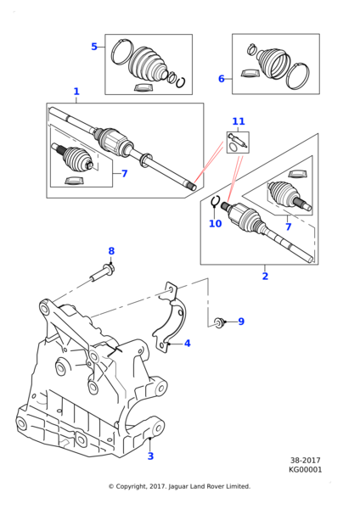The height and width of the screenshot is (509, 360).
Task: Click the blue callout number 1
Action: (x=76, y=92)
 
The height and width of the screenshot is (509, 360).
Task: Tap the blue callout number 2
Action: (x=265, y=277)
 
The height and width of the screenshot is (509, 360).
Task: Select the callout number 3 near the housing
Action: (x=150, y=456)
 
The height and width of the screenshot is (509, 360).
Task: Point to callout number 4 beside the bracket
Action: (x=188, y=343)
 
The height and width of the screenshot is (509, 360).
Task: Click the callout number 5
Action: (x=94, y=47)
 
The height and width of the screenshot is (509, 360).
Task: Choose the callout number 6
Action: (x=222, y=79)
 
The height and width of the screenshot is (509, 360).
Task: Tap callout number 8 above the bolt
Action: (x=111, y=251)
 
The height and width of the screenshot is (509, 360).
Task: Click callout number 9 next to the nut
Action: (x=241, y=322)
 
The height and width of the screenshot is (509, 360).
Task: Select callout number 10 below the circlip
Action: (x=215, y=224)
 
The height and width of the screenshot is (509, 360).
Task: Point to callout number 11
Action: (x=239, y=121)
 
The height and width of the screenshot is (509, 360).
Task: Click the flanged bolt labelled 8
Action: (x=103, y=273)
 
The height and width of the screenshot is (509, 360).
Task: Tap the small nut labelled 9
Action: (x=219, y=322)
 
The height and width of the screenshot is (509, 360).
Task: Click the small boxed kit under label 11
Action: (x=238, y=143)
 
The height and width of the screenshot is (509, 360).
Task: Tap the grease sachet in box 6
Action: (x=250, y=73)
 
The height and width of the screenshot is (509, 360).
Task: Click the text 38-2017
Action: (x=305, y=461)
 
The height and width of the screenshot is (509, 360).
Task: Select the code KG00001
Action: (x=305, y=470)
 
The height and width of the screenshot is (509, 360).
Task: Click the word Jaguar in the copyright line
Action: (x=178, y=486)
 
